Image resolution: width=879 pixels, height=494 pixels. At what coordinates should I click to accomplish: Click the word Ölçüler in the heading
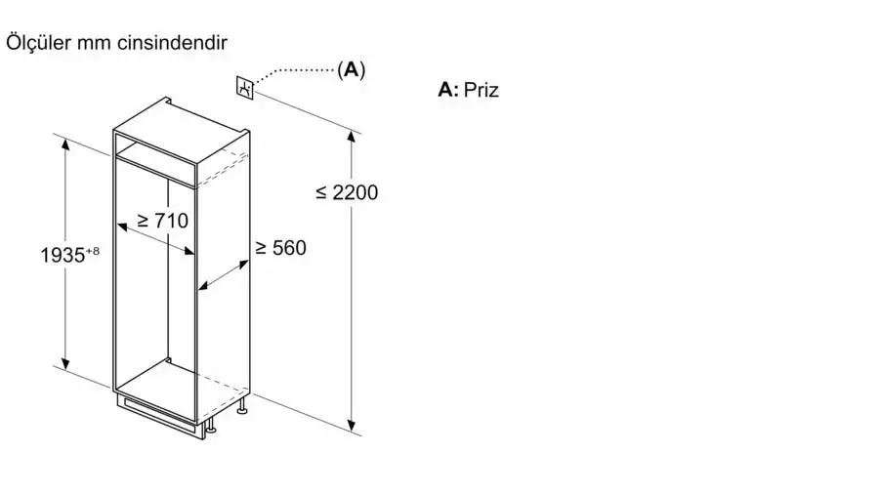(38, 43)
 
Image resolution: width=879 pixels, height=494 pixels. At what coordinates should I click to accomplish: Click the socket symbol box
(245, 87)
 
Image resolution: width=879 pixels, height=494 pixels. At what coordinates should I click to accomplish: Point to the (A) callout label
(352, 69)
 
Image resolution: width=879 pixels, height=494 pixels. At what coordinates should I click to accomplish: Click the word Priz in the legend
(481, 90)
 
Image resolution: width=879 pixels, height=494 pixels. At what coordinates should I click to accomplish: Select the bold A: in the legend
(448, 90)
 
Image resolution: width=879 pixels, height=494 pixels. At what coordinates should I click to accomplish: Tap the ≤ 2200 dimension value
(347, 192)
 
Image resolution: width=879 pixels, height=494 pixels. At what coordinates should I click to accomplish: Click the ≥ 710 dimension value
(162, 221)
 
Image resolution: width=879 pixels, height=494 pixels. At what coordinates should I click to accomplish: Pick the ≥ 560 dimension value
(281, 248)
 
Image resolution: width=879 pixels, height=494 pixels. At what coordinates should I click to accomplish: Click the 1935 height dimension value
(63, 256)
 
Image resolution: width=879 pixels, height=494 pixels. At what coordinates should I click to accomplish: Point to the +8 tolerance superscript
(93, 251)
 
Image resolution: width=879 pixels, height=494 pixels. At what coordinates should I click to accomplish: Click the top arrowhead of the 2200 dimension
(352, 138)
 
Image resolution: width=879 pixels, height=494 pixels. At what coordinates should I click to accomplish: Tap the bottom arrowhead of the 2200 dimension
(352, 425)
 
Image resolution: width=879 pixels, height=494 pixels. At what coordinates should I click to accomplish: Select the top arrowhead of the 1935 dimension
(65, 144)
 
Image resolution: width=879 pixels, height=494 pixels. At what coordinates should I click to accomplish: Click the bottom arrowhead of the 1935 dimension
(65, 363)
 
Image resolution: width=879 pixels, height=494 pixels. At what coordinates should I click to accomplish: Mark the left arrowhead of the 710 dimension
(123, 226)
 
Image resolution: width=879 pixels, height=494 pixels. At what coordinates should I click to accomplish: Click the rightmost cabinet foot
(243, 408)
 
